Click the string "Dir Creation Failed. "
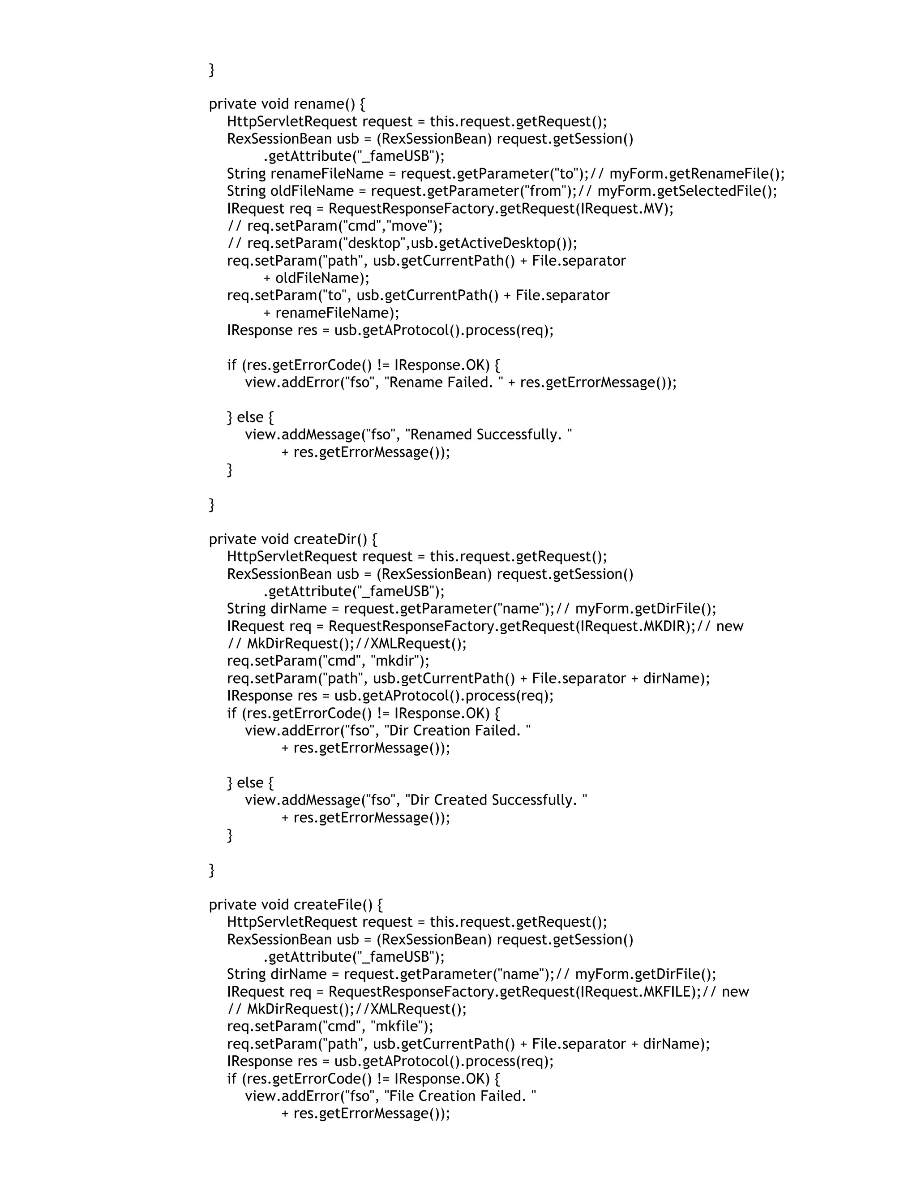coord(457,730)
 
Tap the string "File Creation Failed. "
coord(459,1096)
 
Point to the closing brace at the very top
coord(212,69)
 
